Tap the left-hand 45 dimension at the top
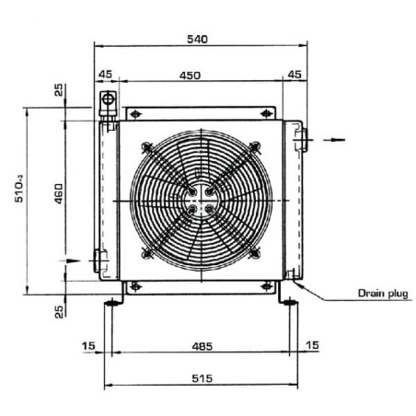(x=106, y=75)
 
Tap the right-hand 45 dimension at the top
(x=294, y=75)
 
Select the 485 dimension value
(x=202, y=346)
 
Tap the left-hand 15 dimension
(x=87, y=346)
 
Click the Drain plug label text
(x=383, y=295)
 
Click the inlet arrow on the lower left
(x=72, y=261)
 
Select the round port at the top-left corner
(x=108, y=98)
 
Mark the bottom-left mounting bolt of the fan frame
(x=135, y=284)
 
